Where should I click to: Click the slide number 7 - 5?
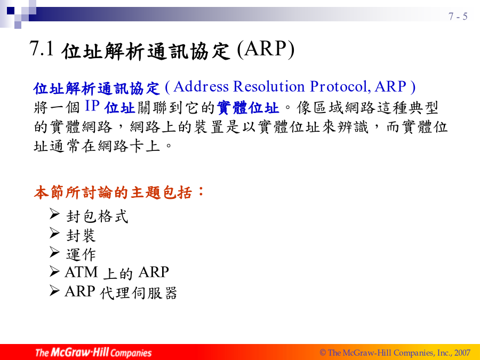pos(458,16)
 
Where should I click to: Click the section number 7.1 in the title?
pos(41,49)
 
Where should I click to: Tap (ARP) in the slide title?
pos(266,49)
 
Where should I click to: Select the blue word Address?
pos(201,86)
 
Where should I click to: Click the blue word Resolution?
pos(269,86)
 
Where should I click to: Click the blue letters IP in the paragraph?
pos(92,106)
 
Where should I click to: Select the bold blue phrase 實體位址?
pos(247,108)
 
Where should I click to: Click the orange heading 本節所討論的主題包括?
pos(113,193)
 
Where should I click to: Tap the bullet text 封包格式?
pos(97,216)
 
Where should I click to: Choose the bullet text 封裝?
pos(81,235)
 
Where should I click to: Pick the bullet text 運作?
pos(81,254)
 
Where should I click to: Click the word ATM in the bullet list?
pos(81,272)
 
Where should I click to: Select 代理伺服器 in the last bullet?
pos(138,293)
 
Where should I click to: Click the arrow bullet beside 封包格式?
pos(54,214)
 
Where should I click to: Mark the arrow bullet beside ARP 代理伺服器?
pos(54,290)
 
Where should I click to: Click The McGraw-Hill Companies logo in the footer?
pos(93,353)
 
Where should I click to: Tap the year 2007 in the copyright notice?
pos(462,353)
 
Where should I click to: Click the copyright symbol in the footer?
pos(323,353)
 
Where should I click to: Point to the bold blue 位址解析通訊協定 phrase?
pos(97,88)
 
